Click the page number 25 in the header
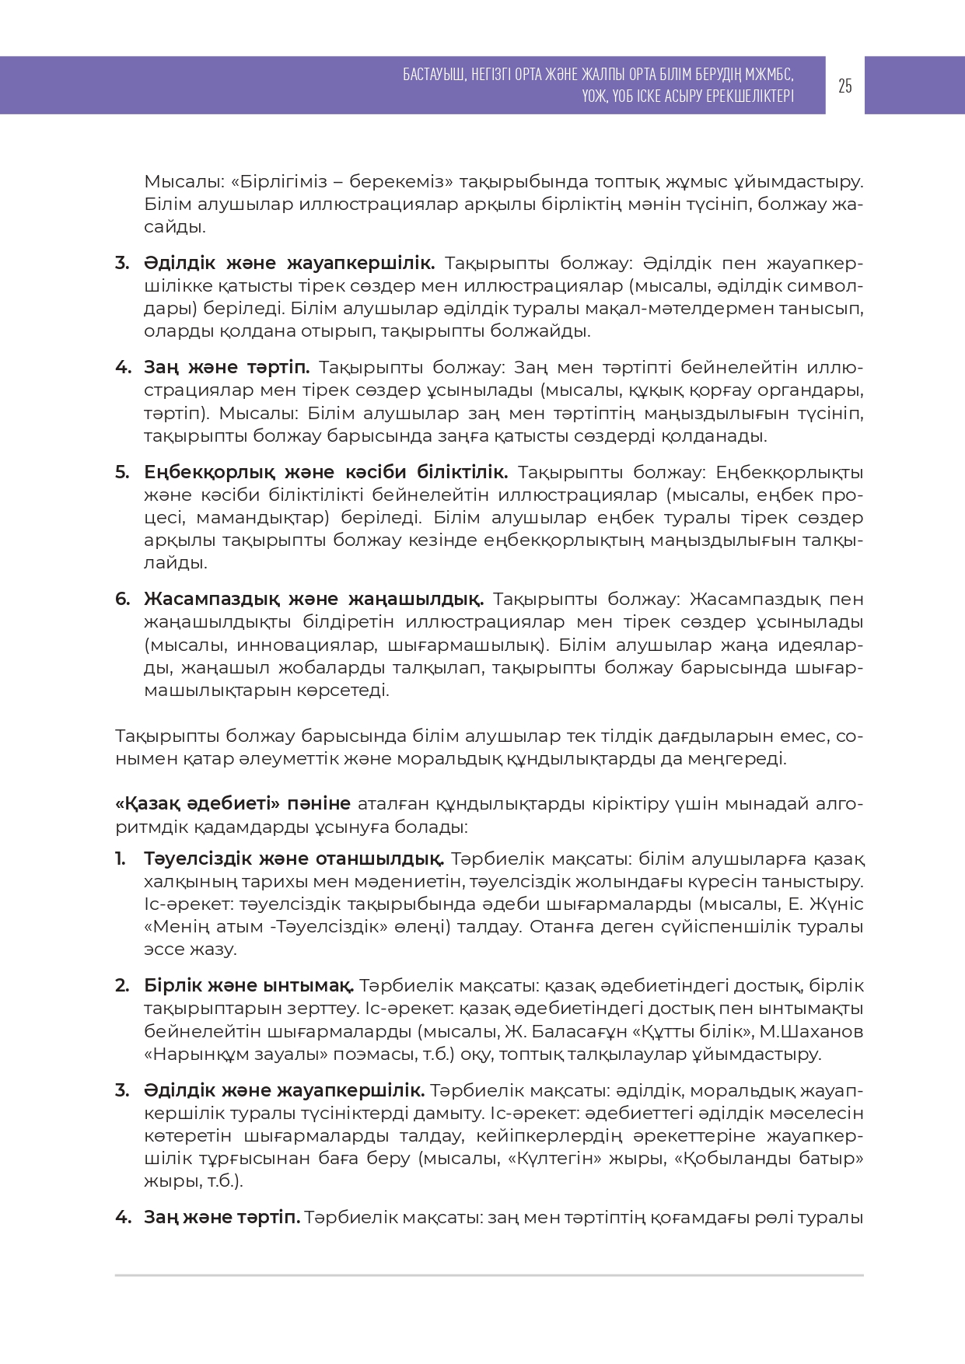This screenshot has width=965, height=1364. tap(845, 86)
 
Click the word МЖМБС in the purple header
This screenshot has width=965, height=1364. tap(767, 75)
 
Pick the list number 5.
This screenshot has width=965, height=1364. tap(122, 472)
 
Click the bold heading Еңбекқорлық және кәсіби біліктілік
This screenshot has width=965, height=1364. tap(326, 472)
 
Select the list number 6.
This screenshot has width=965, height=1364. tap(122, 599)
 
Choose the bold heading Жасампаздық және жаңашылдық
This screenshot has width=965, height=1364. tap(313, 599)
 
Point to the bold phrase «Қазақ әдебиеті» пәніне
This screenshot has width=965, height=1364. tap(233, 803)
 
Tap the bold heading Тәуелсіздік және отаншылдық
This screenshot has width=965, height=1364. tap(294, 859)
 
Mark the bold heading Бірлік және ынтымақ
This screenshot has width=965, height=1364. tap(249, 986)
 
